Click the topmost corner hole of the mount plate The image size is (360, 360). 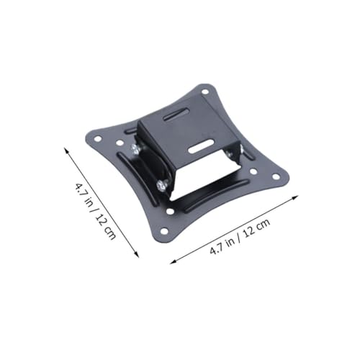pyautogui.click(x=205, y=91)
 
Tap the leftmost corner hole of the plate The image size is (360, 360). pyautogui.click(x=98, y=139)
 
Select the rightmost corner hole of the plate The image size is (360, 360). pyautogui.click(x=276, y=177)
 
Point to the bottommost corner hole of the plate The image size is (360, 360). pyautogui.click(x=164, y=231)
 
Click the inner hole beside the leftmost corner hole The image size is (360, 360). pyautogui.click(x=120, y=143)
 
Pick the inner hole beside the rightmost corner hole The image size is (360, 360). pyautogui.click(x=253, y=171)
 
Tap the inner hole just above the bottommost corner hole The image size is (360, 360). pyautogui.click(x=170, y=212)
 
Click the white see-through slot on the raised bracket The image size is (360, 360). pyautogui.click(x=201, y=146)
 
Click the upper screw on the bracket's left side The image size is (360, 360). pyautogui.click(x=135, y=149)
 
